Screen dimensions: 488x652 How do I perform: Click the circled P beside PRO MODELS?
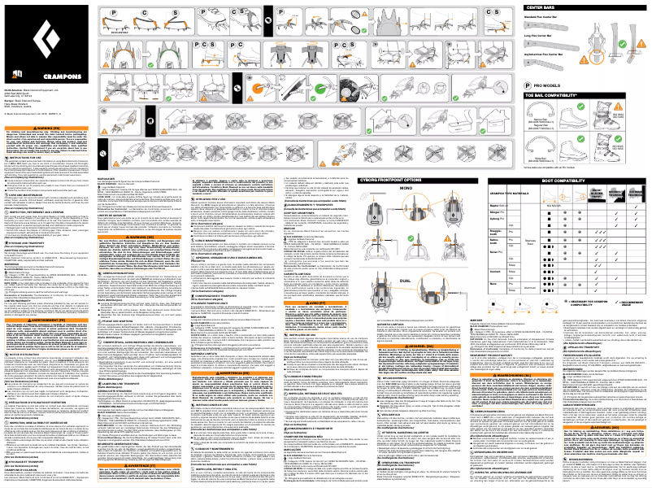[x=529, y=85]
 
